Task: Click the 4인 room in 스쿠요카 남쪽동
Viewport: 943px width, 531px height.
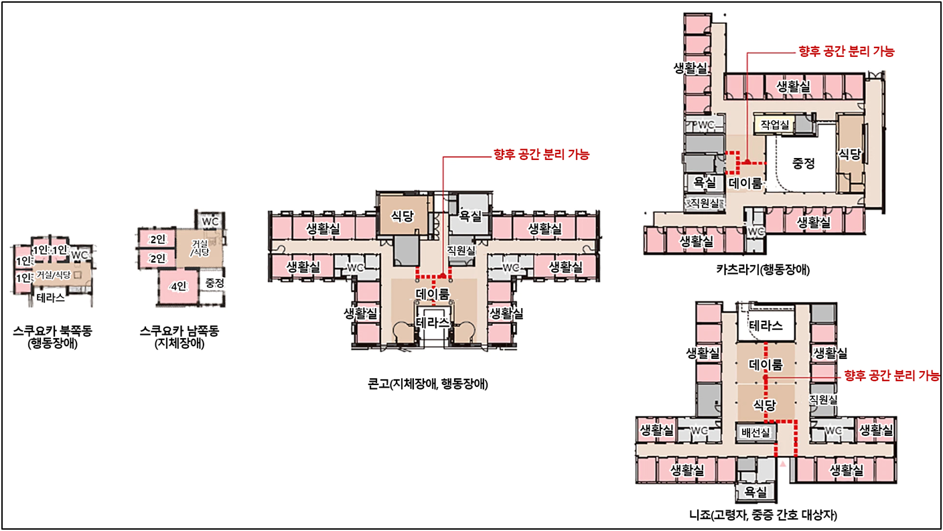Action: (178, 287)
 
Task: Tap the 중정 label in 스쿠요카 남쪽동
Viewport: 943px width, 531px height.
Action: (215, 283)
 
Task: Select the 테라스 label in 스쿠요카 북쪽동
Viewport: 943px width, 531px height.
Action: (50, 298)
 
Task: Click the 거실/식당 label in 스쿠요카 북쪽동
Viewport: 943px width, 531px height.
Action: (54, 275)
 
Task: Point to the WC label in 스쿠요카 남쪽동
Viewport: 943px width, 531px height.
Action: (210, 222)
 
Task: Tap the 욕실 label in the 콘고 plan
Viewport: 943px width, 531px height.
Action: (471, 216)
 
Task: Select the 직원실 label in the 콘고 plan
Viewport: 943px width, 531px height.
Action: (461, 250)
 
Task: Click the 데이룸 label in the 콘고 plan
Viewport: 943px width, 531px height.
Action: (433, 294)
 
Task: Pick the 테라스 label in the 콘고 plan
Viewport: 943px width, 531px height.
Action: (433, 323)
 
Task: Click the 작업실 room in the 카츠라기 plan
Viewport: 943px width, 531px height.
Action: (775, 125)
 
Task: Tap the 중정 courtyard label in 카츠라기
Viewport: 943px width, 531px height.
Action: (804, 163)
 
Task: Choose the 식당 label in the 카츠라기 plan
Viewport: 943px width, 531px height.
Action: (849, 154)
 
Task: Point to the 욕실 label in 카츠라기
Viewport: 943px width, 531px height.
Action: (705, 181)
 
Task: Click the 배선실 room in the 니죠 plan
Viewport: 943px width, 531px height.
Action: (755, 432)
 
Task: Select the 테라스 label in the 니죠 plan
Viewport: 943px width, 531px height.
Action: (766, 325)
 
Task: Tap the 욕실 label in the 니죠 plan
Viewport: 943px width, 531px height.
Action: (755, 491)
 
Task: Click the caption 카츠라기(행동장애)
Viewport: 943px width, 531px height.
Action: (763, 269)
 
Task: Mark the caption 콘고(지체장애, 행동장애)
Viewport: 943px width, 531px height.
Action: (428, 384)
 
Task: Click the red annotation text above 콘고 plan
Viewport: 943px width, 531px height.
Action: (541, 155)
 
